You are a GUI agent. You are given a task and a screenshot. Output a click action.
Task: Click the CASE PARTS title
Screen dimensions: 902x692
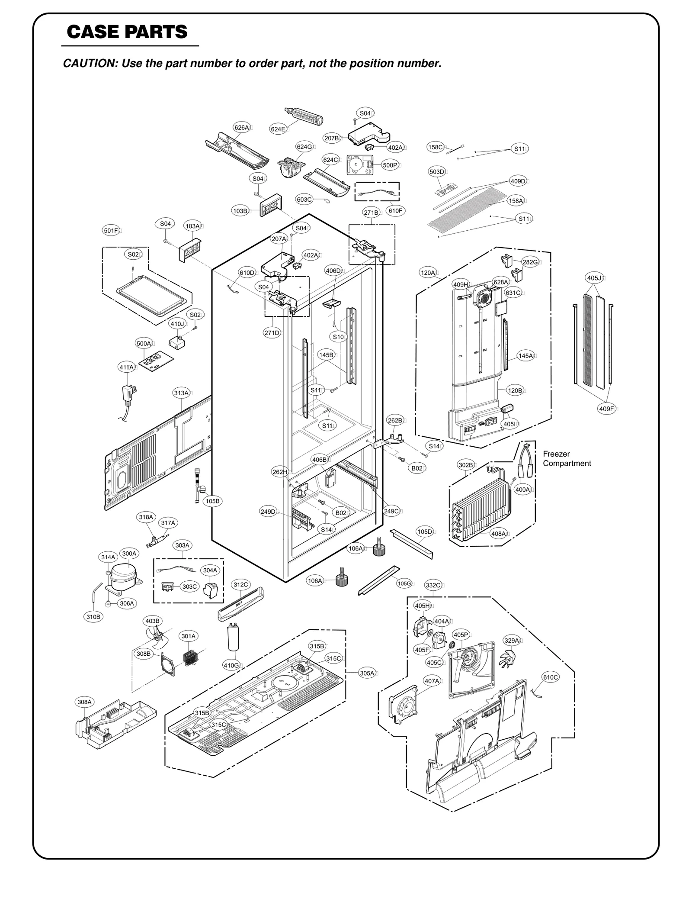click(127, 32)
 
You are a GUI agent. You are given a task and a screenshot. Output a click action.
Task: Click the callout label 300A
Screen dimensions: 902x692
click(129, 553)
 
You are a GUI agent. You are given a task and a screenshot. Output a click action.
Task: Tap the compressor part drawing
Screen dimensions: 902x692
click(123, 575)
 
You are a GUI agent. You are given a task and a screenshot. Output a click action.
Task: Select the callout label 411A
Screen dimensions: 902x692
click(126, 367)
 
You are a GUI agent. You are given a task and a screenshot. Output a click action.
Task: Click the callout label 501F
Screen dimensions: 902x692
click(111, 231)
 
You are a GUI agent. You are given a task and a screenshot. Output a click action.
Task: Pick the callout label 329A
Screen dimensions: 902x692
click(511, 641)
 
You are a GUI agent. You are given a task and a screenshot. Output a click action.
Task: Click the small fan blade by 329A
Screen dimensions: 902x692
click(508, 660)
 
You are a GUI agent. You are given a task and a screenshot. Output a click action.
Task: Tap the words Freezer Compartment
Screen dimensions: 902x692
click(567, 458)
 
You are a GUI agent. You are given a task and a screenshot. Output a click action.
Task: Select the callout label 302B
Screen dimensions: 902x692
click(465, 465)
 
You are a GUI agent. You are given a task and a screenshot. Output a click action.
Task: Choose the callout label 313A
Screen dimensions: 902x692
click(181, 393)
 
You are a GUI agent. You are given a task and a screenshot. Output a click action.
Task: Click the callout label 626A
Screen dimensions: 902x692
click(241, 127)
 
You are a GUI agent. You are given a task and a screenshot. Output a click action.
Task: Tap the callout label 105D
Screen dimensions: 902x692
click(424, 532)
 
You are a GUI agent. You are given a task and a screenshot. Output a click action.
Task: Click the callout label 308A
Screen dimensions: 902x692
click(84, 702)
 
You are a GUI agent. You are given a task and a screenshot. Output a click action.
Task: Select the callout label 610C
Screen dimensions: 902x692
click(550, 677)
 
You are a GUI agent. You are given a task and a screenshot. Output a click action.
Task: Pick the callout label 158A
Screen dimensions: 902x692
click(516, 201)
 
